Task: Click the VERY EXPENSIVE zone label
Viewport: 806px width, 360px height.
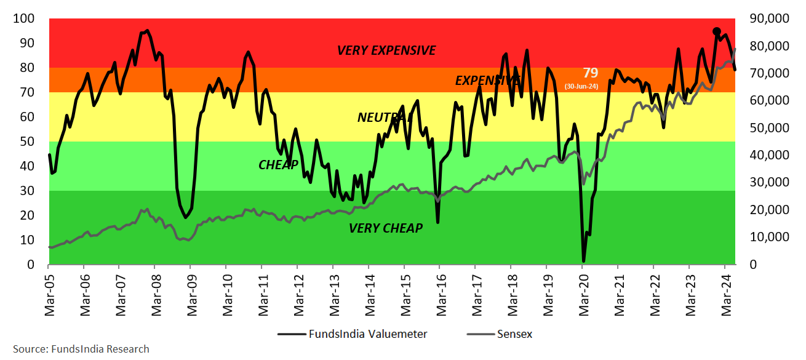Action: point(386,50)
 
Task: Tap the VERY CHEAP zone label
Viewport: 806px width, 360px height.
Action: point(386,228)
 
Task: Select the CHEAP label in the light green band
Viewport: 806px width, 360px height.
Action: point(278,164)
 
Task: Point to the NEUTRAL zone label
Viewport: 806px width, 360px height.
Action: point(384,117)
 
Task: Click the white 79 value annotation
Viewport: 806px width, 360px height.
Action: point(590,73)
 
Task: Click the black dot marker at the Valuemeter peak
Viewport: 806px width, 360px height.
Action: point(717,31)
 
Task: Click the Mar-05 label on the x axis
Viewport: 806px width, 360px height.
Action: point(50,294)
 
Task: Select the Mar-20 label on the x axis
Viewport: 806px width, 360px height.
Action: point(584,294)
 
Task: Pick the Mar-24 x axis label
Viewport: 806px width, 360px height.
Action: point(726,294)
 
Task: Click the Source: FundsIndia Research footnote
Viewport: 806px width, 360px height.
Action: point(81,349)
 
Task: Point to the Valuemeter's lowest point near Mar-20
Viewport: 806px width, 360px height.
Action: point(583,261)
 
